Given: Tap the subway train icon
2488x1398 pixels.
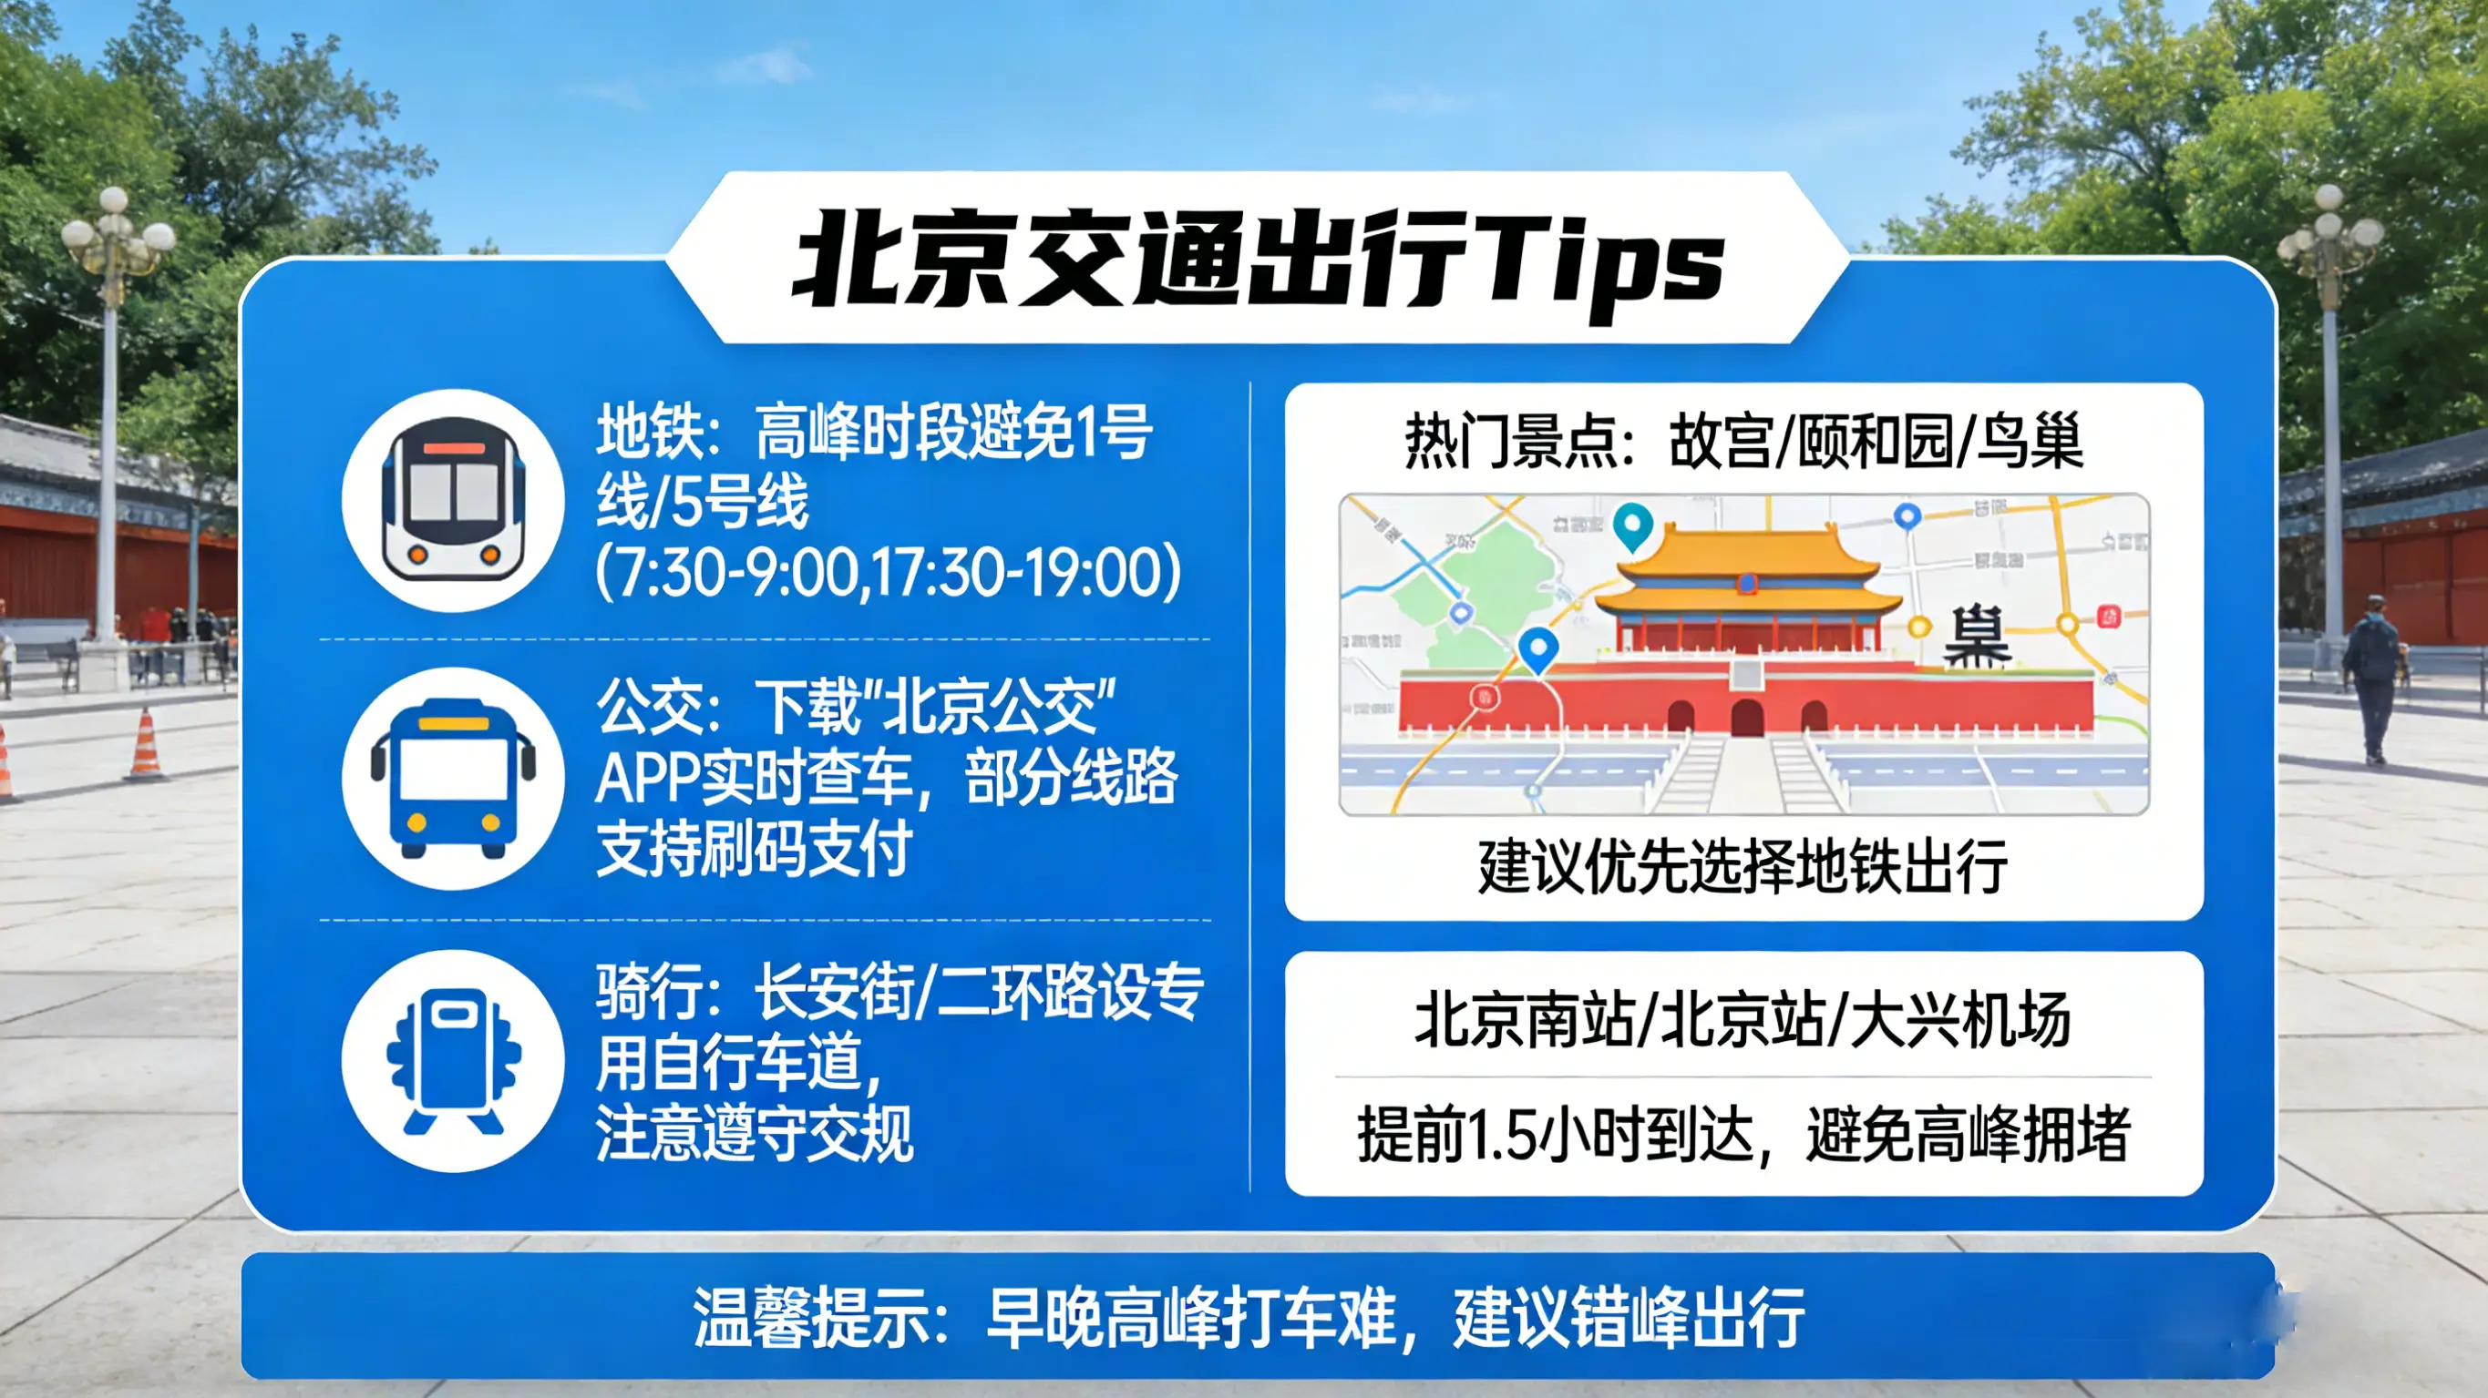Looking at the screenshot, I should coord(453,500).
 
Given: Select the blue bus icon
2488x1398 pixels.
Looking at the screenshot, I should coord(453,778).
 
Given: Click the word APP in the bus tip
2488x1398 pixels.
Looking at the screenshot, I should coord(645,778).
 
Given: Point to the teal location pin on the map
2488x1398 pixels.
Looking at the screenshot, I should coord(1632,524).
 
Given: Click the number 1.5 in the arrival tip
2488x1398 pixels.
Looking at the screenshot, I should coord(1501,1136).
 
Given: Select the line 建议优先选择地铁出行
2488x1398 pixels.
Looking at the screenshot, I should coord(1743,866).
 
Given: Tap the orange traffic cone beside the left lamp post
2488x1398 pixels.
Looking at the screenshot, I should coord(146,745).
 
